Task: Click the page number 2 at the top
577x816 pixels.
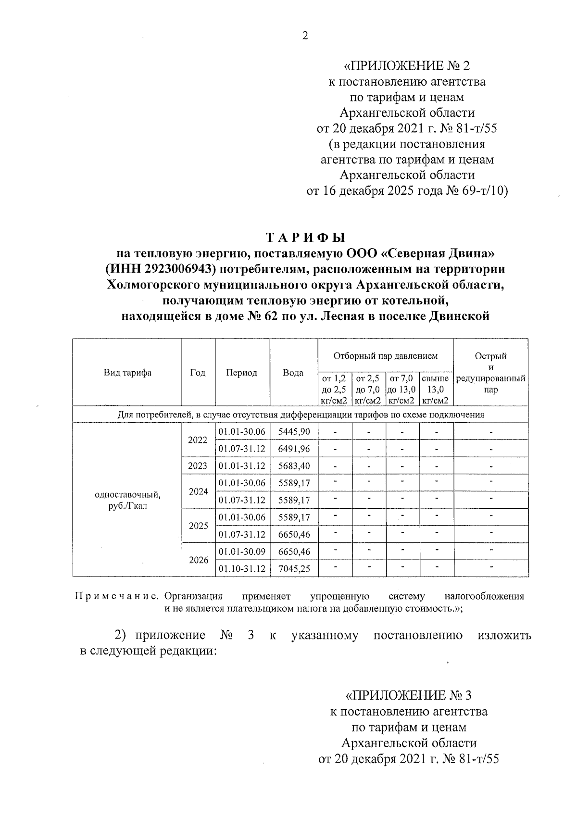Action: tap(305, 36)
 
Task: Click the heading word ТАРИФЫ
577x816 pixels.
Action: tap(306, 238)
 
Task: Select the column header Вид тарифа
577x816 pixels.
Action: tap(127, 373)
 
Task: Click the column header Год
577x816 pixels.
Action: tap(198, 373)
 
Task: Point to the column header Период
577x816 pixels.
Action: tap(242, 373)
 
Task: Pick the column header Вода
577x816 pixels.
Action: tap(293, 373)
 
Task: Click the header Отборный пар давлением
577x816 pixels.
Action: tap(385, 356)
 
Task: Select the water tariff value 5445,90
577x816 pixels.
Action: tap(294, 432)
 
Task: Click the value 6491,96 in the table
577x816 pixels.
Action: tap(294, 449)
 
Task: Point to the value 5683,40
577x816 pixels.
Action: tap(294, 466)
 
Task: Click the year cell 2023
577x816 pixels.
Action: tap(198, 466)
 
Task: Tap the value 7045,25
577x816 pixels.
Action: tap(294, 569)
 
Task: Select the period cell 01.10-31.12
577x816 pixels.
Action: tap(242, 569)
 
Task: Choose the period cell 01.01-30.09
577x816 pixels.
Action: tap(242, 552)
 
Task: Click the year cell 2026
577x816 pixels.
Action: tap(198, 560)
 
